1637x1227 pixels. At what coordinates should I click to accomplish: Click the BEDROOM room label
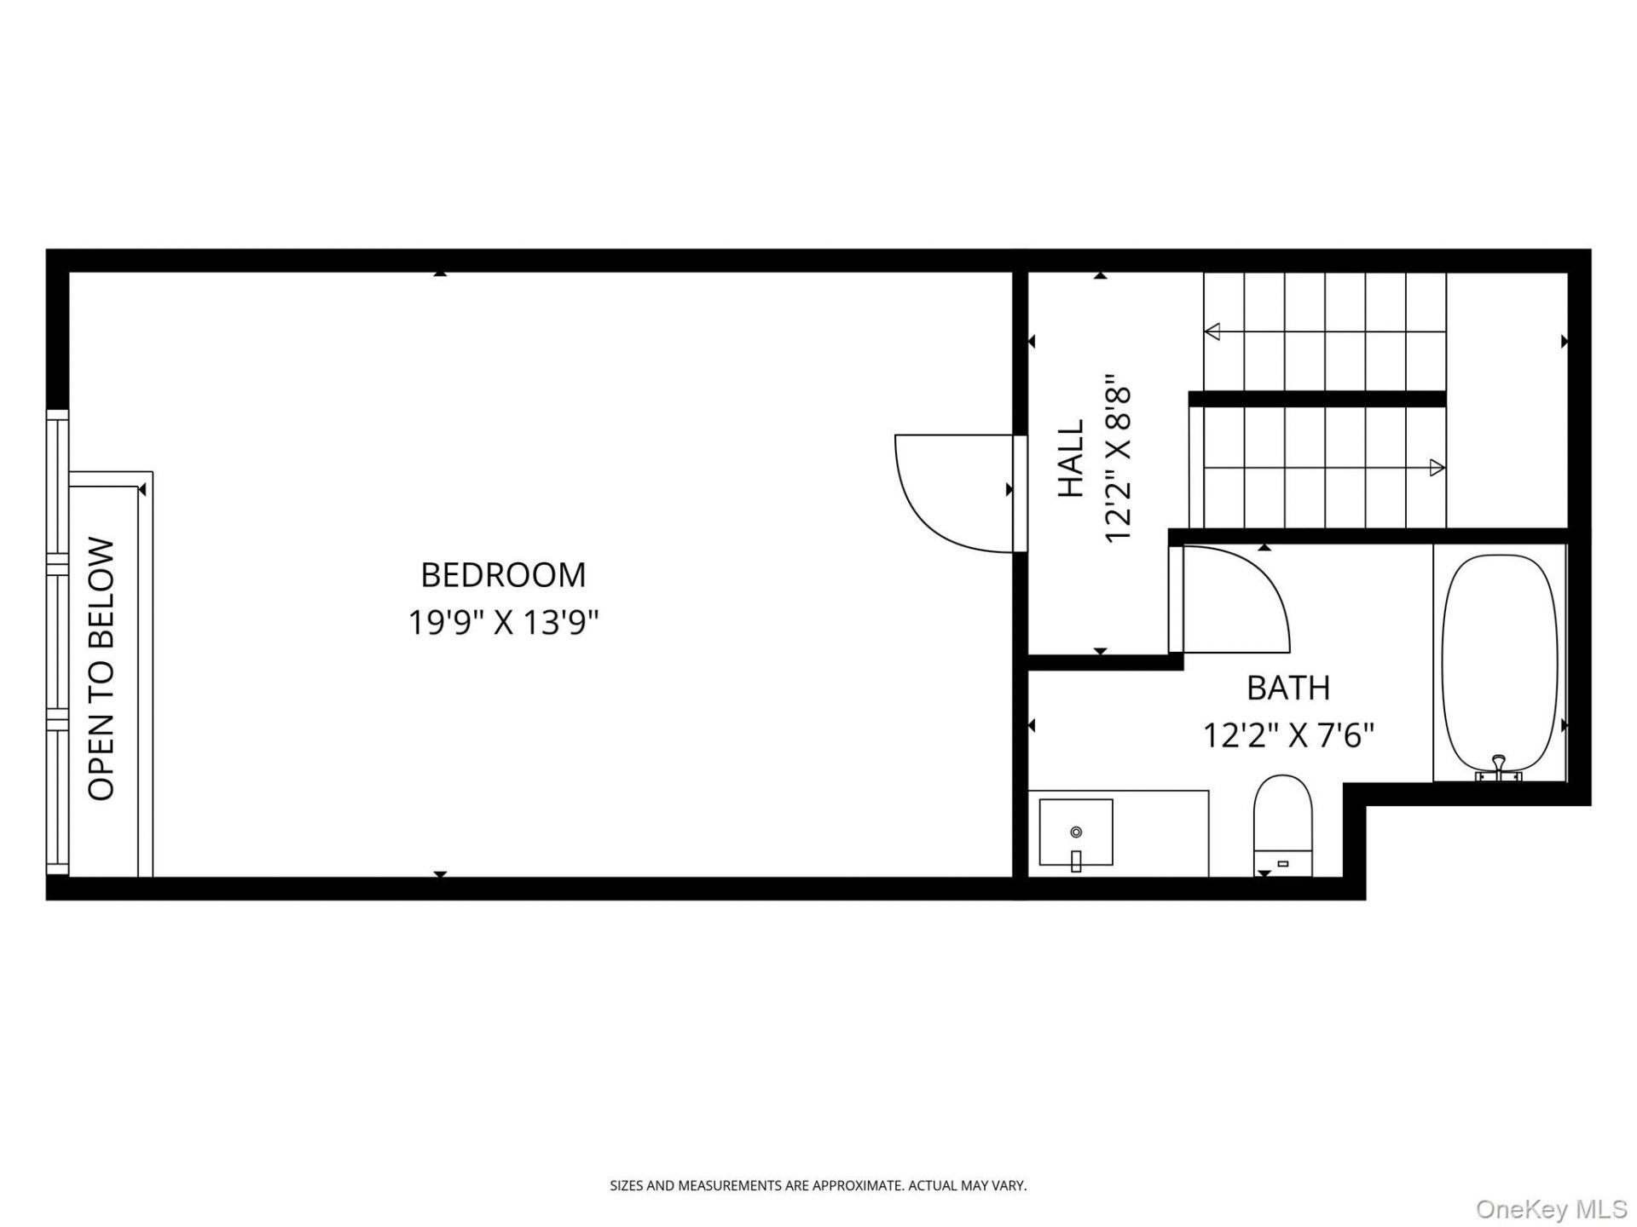pyautogui.click(x=503, y=575)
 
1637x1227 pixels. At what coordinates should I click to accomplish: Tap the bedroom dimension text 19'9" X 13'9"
pyautogui.click(x=503, y=623)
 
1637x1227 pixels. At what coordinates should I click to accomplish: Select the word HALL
pyautogui.click(x=1071, y=458)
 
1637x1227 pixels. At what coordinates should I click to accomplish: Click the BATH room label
pyautogui.click(x=1288, y=688)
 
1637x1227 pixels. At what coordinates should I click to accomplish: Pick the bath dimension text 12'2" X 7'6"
pyautogui.click(x=1288, y=734)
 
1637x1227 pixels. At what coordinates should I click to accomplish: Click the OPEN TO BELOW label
pyautogui.click(x=101, y=669)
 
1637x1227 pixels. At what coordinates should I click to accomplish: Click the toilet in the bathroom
pyautogui.click(x=1283, y=825)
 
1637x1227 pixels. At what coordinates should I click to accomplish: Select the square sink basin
pyautogui.click(x=1076, y=832)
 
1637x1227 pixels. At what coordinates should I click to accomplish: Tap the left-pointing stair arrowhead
pyautogui.click(x=1212, y=331)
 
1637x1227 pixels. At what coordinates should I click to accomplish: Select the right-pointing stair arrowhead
pyautogui.click(x=1437, y=467)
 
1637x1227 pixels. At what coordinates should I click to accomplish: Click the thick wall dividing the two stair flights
pyautogui.click(x=1317, y=399)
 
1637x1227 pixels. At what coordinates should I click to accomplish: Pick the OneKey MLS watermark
pyautogui.click(x=1552, y=1209)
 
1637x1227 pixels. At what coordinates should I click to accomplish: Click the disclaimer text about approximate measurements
pyautogui.click(x=818, y=1185)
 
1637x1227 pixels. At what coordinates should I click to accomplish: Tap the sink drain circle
pyautogui.click(x=1076, y=832)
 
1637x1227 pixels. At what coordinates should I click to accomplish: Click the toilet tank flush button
pyautogui.click(x=1282, y=864)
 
